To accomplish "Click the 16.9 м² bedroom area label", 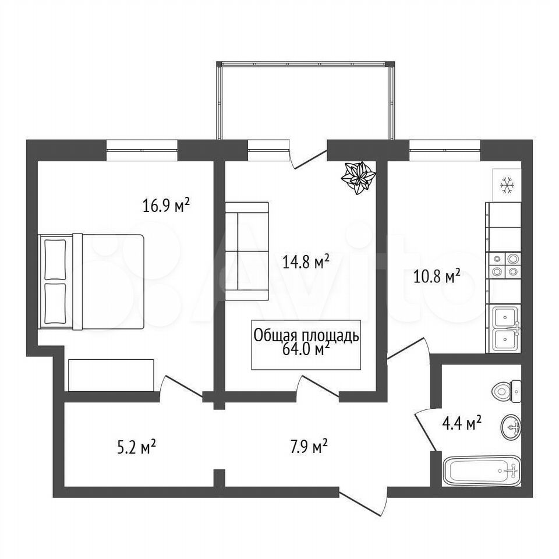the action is [166, 206].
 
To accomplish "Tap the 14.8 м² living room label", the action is [306, 262].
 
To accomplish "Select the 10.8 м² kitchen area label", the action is [437, 276].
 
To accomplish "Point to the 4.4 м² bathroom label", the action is [462, 423].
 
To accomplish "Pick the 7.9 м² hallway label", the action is [309, 447].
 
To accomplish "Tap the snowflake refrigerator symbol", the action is [507, 185].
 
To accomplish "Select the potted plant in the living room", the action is [358, 178].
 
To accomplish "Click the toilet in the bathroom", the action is [506, 391].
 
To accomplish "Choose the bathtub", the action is [482, 470].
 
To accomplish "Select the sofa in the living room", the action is [247, 251].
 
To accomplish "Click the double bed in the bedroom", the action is [91, 281].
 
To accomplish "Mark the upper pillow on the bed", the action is [56, 260].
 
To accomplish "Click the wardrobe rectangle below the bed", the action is [111, 375].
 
